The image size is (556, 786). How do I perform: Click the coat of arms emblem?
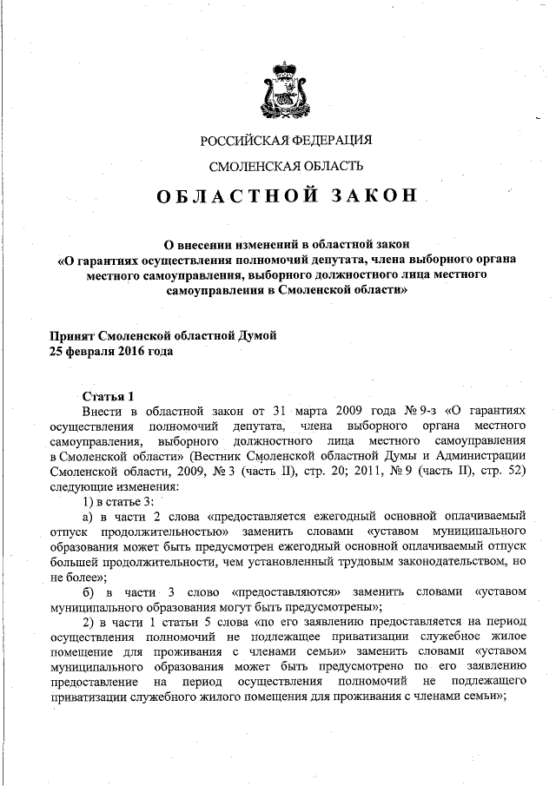pyautogui.click(x=286, y=89)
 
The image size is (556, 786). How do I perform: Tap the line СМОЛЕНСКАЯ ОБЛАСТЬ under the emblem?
pyautogui.click(x=286, y=166)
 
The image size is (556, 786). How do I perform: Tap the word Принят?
pyautogui.click(x=72, y=336)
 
